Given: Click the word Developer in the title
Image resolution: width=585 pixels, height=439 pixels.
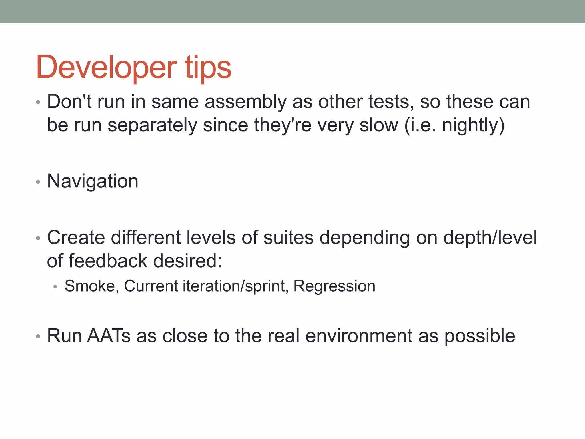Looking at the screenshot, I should pyautogui.click(x=106, y=67).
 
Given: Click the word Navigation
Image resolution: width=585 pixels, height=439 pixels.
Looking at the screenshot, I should pyautogui.click(x=93, y=181).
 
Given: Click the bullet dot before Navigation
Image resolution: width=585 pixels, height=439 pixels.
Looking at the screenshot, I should pyautogui.click(x=38, y=182).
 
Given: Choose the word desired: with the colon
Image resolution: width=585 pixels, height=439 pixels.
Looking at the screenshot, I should pyautogui.click(x=187, y=261).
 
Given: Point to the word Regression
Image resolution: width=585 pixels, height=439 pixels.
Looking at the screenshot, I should pyautogui.click(x=334, y=286).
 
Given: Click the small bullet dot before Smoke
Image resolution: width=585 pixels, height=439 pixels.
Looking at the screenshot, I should pyautogui.click(x=55, y=286).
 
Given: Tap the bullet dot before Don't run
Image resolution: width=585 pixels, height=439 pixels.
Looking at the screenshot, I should pyautogui.click(x=38, y=103).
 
